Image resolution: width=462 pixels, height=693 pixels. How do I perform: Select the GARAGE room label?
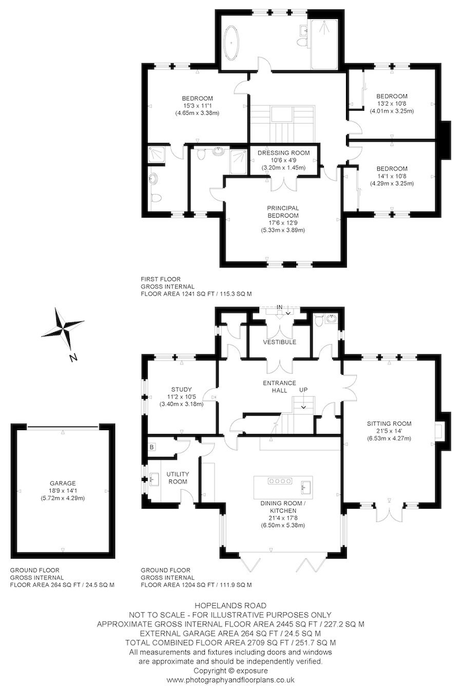(63, 483)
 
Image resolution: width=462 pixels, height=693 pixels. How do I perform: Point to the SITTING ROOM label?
(389, 423)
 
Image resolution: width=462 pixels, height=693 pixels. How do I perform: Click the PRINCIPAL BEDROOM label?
(282, 211)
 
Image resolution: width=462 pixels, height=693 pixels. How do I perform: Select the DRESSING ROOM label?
(283, 153)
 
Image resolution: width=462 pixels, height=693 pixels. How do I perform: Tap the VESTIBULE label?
(280, 342)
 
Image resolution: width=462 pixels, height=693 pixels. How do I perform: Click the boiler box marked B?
(152, 447)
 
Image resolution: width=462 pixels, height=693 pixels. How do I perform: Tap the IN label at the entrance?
(280, 307)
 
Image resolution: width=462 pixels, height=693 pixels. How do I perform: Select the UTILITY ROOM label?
(178, 477)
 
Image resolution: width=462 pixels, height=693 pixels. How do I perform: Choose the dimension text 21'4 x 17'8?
(283, 518)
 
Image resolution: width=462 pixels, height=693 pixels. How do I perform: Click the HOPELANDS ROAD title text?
(230, 606)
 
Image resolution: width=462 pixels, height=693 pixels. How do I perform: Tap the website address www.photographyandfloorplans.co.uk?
(230, 680)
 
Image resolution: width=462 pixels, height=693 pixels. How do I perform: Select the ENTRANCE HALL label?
(279, 387)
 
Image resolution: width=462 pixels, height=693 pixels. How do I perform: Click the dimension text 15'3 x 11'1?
(197, 106)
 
